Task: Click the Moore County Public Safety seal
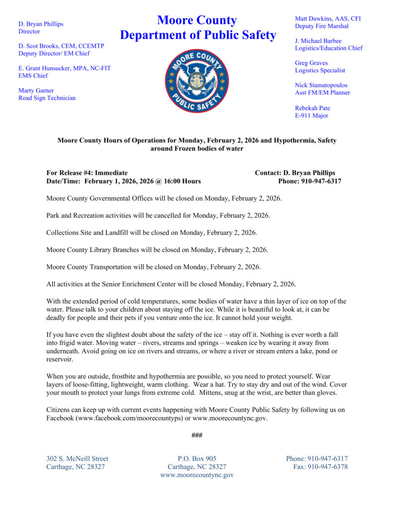tap(197, 80)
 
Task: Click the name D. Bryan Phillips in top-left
tap(41, 23)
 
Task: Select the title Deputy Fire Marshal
tap(321, 26)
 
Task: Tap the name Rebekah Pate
tap(312, 108)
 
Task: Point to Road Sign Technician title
tap(47, 98)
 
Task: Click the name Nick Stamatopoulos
tap(321, 85)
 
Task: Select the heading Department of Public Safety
tap(198, 35)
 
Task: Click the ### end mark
tap(197, 435)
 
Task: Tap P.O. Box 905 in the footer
tap(197, 459)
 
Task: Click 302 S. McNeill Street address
tap(77, 459)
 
